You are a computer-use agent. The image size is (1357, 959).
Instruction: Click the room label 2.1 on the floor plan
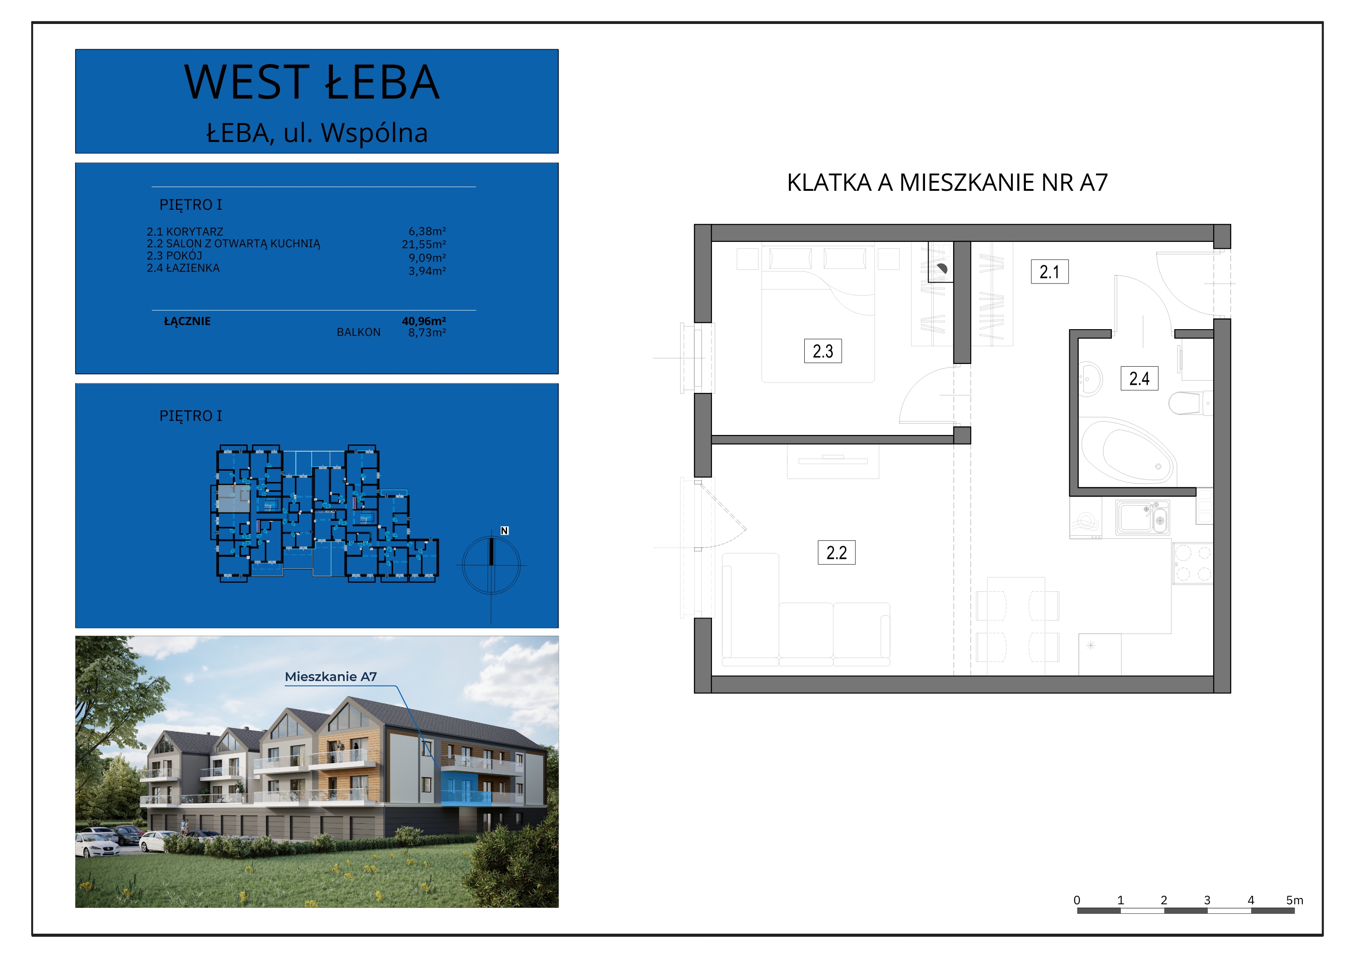(1050, 272)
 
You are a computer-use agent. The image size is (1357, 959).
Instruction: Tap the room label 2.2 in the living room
(836, 553)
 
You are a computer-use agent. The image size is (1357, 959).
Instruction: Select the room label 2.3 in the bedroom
(823, 351)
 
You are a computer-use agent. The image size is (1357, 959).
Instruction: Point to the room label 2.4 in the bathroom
(1139, 378)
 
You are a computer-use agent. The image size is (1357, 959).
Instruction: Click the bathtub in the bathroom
(1128, 452)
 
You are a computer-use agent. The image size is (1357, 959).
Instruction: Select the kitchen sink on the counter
(1143, 517)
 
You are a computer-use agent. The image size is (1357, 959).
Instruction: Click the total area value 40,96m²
(424, 321)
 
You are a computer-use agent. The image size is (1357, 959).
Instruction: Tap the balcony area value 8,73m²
(427, 333)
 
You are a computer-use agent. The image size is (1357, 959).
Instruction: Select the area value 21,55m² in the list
(424, 244)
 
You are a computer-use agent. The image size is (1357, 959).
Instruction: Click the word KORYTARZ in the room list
(195, 231)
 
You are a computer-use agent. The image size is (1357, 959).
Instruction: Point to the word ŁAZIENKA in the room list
(193, 268)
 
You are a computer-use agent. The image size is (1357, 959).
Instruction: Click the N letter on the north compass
(504, 531)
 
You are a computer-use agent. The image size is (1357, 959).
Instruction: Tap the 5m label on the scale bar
(1294, 900)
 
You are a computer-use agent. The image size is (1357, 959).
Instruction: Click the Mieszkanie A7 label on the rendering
(330, 676)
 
